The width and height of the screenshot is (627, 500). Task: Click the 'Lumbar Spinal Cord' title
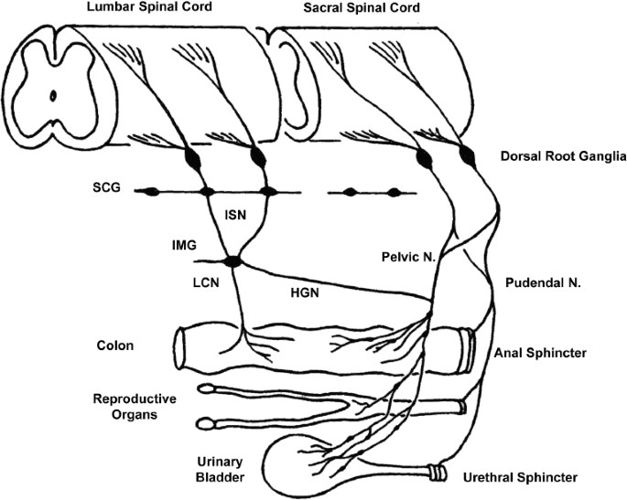pos(149,6)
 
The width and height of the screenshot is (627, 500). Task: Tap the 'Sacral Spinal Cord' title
pos(362,7)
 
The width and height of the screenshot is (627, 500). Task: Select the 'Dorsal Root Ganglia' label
pos(564,156)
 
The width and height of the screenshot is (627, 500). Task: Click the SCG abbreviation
pos(106,187)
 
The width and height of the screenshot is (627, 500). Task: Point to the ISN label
pos(235,215)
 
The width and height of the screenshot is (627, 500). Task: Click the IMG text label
pos(184,245)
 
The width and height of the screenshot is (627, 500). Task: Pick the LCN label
pos(206,282)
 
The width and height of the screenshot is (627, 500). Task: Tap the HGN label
pos(305,293)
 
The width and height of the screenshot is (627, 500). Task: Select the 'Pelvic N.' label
pos(408,257)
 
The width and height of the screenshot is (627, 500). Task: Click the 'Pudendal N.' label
pos(543,282)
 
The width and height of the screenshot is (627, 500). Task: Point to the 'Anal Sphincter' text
pos(540,353)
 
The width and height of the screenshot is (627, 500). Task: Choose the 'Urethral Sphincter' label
pos(520,477)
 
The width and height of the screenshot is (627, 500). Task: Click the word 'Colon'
pos(115,346)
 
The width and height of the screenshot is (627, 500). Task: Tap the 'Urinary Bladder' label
pos(220,470)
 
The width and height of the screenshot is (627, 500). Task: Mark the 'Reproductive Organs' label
pos(135,407)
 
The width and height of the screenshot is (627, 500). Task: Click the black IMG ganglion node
pos(233,261)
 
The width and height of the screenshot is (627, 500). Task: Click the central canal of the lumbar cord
pos(53,95)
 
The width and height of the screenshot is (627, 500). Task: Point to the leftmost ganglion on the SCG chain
pos(152,192)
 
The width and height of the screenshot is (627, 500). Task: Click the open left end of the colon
pos(180,348)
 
